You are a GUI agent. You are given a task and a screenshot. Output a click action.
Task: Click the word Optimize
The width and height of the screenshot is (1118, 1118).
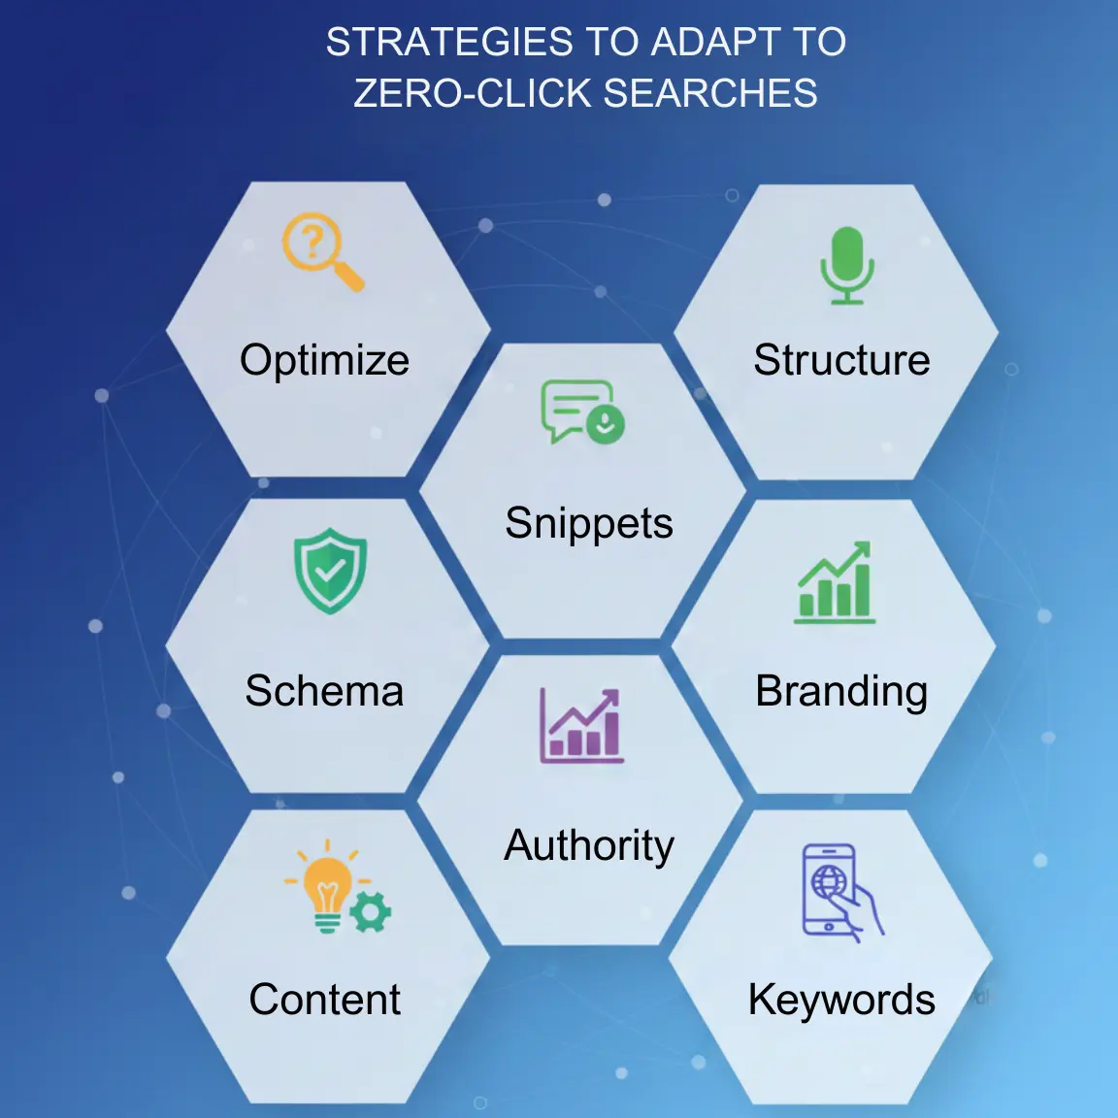click(324, 360)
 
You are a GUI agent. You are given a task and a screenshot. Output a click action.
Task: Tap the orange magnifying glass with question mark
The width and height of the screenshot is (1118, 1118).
click(321, 249)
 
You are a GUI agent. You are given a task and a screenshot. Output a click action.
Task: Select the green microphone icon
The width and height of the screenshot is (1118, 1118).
click(846, 264)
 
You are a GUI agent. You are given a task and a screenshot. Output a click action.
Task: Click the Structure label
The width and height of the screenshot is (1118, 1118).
click(841, 360)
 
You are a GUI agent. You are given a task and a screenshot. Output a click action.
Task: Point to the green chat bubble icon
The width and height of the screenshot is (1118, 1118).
click(581, 411)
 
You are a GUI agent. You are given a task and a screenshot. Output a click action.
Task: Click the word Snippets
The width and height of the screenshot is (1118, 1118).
click(588, 524)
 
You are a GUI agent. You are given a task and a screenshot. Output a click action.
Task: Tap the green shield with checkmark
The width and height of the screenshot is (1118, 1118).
click(330, 571)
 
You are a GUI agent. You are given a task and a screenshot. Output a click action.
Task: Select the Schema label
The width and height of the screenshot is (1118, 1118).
click(324, 691)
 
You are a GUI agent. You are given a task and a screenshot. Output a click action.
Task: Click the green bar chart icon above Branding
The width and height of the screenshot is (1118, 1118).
click(835, 583)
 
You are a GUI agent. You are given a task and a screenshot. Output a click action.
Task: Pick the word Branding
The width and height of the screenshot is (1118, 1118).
click(841, 691)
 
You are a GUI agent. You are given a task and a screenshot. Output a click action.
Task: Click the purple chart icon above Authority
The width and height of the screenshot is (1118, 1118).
click(581, 726)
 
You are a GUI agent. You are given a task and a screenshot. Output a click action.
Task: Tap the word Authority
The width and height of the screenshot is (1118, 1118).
click(588, 845)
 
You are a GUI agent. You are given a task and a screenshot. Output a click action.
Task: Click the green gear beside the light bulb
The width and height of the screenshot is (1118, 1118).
click(370, 912)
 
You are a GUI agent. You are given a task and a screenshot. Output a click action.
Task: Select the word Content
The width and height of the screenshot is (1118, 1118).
click(324, 1000)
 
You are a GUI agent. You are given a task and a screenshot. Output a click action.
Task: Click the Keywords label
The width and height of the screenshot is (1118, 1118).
click(841, 1000)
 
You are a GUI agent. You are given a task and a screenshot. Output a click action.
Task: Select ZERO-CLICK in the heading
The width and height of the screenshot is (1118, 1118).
click(472, 94)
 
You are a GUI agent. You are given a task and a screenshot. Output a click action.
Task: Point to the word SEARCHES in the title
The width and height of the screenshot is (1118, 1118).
click(710, 94)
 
